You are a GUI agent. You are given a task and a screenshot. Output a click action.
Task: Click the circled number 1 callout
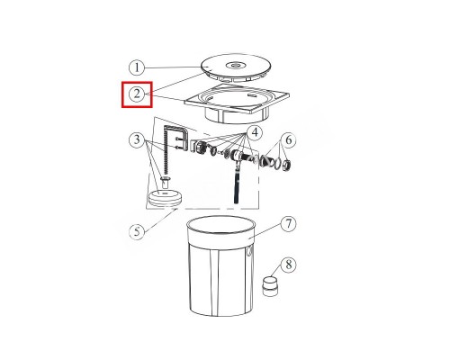137,67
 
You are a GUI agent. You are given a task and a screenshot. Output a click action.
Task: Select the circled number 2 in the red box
137,94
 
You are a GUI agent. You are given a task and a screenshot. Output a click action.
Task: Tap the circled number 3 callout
137,139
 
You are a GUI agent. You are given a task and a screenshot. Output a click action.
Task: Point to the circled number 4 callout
255,132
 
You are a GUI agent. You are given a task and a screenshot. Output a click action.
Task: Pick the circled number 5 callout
137,231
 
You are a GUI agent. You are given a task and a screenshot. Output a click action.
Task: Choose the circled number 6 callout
288,139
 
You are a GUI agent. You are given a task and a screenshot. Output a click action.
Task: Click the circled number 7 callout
288,224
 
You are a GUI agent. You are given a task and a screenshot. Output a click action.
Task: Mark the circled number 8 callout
288,265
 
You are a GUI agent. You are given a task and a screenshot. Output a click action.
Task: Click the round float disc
166,198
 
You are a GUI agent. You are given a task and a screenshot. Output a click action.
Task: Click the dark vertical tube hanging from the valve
237,182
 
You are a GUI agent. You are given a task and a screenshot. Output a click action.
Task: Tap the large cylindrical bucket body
220,265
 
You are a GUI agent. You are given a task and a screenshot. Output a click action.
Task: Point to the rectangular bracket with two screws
177,138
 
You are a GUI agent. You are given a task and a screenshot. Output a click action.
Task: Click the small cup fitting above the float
166,183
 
